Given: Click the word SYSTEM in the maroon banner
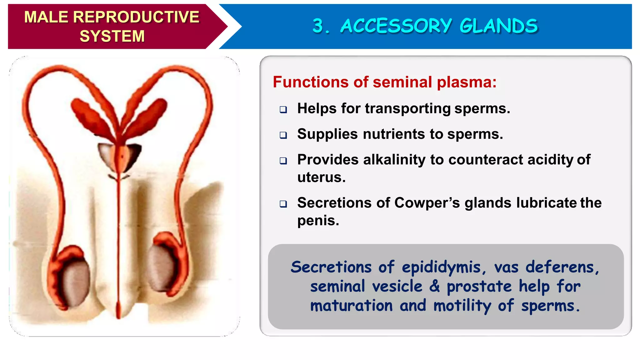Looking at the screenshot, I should (x=112, y=36).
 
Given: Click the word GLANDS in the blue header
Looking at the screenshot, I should (x=499, y=26).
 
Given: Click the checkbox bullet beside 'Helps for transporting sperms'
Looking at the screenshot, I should (x=283, y=109).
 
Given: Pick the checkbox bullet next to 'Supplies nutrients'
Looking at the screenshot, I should (x=283, y=135).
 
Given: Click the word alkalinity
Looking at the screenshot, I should (x=395, y=160).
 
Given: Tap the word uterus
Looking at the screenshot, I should (x=321, y=177).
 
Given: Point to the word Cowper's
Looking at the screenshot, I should (x=427, y=203).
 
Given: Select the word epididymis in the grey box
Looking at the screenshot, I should (x=441, y=267).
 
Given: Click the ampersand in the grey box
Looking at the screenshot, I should (x=434, y=286).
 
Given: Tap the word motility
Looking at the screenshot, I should (x=462, y=306).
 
